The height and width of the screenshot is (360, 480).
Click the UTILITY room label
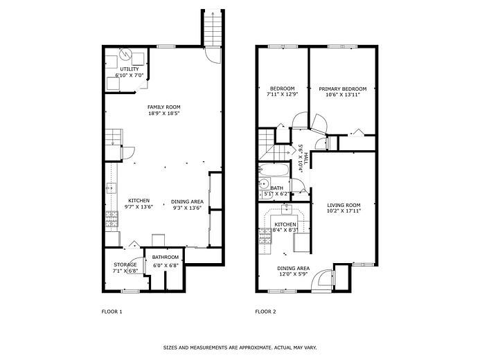pyautogui.click(x=130, y=69)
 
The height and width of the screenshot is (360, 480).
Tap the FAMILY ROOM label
pyautogui.click(x=163, y=107)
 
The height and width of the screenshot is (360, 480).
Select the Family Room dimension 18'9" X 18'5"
pyautogui.click(x=163, y=113)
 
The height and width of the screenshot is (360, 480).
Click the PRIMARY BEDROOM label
pyautogui.click(x=343, y=89)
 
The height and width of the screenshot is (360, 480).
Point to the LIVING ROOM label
pyautogui.click(x=344, y=205)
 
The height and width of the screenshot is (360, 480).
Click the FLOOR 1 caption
pyautogui.click(x=112, y=312)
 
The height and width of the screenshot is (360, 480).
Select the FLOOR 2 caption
pyautogui.click(x=265, y=312)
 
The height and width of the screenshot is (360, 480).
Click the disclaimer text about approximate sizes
pyautogui.click(x=240, y=348)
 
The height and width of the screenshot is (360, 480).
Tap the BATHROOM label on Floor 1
pyautogui.click(x=166, y=258)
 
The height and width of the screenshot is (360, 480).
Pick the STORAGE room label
pyautogui.click(x=125, y=264)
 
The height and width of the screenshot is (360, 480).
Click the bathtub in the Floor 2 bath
pyautogui.click(x=274, y=169)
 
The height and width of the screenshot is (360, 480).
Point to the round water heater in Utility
pyautogui.click(x=125, y=55)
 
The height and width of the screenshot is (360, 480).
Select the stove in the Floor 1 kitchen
pyautogui.click(x=112, y=219)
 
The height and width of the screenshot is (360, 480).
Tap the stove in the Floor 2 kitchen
pyautogui.click(x=265, y=236)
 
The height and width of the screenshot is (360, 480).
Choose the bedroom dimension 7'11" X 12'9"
pyautogui.click(x=282, y=95)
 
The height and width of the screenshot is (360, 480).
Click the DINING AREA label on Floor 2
pyautogui.click(x=293, y=268)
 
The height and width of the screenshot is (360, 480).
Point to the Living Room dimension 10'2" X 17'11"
pyautogui.click(x=344, y=210)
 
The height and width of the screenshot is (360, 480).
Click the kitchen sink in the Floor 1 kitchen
pyautogui.click(x=112, y=188)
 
